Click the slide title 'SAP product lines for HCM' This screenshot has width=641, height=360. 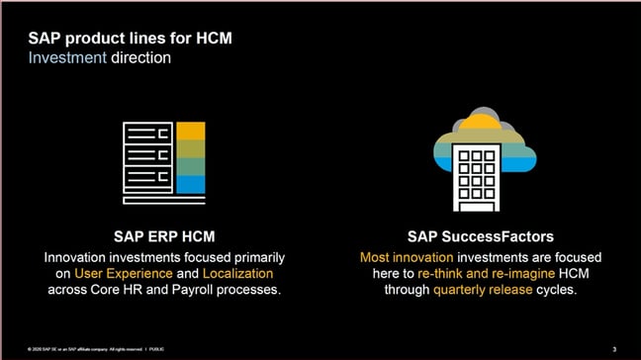pos(132,40)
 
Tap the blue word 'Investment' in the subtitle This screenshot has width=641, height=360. pos(63,58)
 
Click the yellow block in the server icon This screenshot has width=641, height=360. pos(191,132)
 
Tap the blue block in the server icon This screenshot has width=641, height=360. pos(191,184)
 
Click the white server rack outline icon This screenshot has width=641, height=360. pos(148,158)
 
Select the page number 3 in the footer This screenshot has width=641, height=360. pos(614,348)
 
